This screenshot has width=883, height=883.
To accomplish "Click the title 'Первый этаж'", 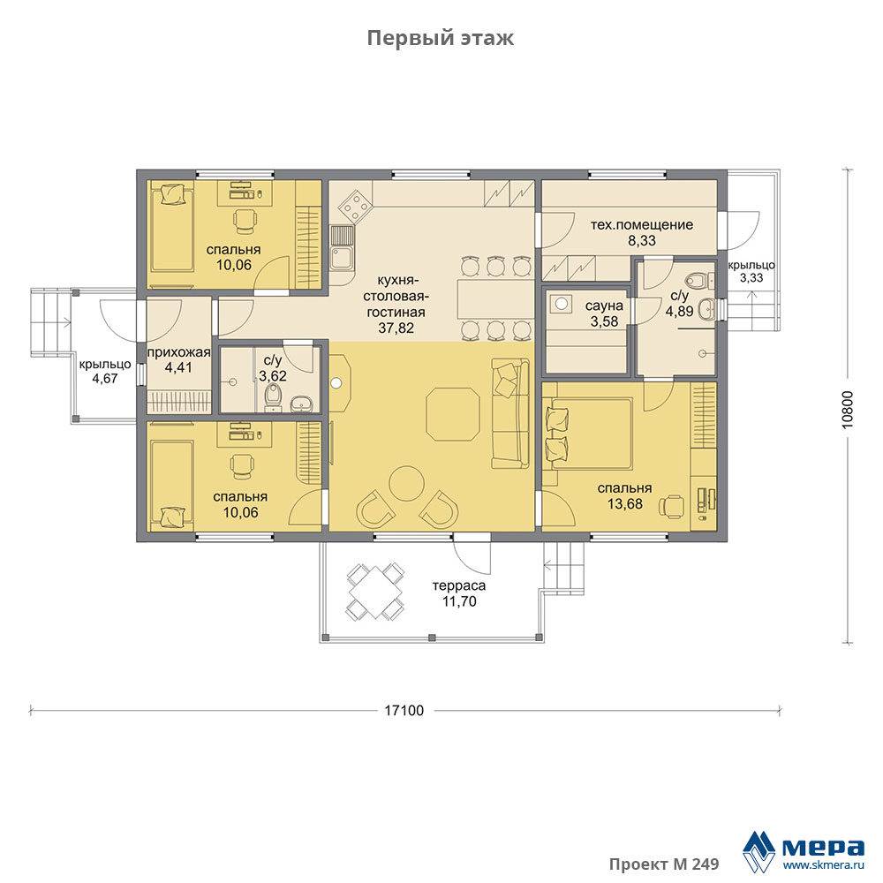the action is pyautogui.click(x=440, y=38).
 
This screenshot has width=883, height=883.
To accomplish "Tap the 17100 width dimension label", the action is pyautogui.click(x=404, y=711).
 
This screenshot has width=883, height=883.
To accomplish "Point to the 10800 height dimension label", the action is pyautogui.click(x=848, y=410).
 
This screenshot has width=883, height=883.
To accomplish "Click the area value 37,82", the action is pyautogui.click(x=396, y=328).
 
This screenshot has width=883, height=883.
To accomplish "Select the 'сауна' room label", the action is pyautogui.click(x=604, y=306).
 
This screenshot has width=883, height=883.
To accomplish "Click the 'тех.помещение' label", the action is pyautogui.click(x=641, y=224).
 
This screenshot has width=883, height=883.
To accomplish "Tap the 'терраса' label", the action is pyautogui.click(x=459, y=585).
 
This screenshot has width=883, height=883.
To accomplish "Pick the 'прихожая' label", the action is pyautogui.click(x=178, y=353).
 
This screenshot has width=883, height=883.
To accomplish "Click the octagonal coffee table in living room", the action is pyautogui.click(x=453, y=413).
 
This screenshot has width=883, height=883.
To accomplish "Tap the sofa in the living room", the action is pyautogui.click(x=510, y=412).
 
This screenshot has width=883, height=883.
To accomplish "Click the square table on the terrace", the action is pyautogui.click(x=374, y=592).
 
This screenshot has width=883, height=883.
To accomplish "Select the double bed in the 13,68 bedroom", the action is pyautogui.click(x=590, y=433).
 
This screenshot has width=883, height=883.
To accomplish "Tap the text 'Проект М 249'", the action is pyautogui.click(x=664, y=864).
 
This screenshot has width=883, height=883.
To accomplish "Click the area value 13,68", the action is pyautogui.click(x=624, y=503).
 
